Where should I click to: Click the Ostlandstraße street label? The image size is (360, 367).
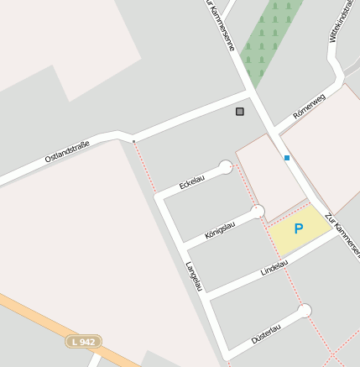(67, 152)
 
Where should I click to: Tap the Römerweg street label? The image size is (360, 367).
(308, 106)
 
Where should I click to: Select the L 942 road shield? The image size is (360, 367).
(84, 342)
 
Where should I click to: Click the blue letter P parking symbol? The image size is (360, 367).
(298, 228)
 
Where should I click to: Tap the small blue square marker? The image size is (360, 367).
(286, 157)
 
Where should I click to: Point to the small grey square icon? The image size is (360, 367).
(240, 111)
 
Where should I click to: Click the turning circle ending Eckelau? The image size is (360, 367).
(225, 166)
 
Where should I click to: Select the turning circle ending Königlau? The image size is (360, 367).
(258, 211)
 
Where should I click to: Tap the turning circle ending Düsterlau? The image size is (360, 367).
(304, 311)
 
